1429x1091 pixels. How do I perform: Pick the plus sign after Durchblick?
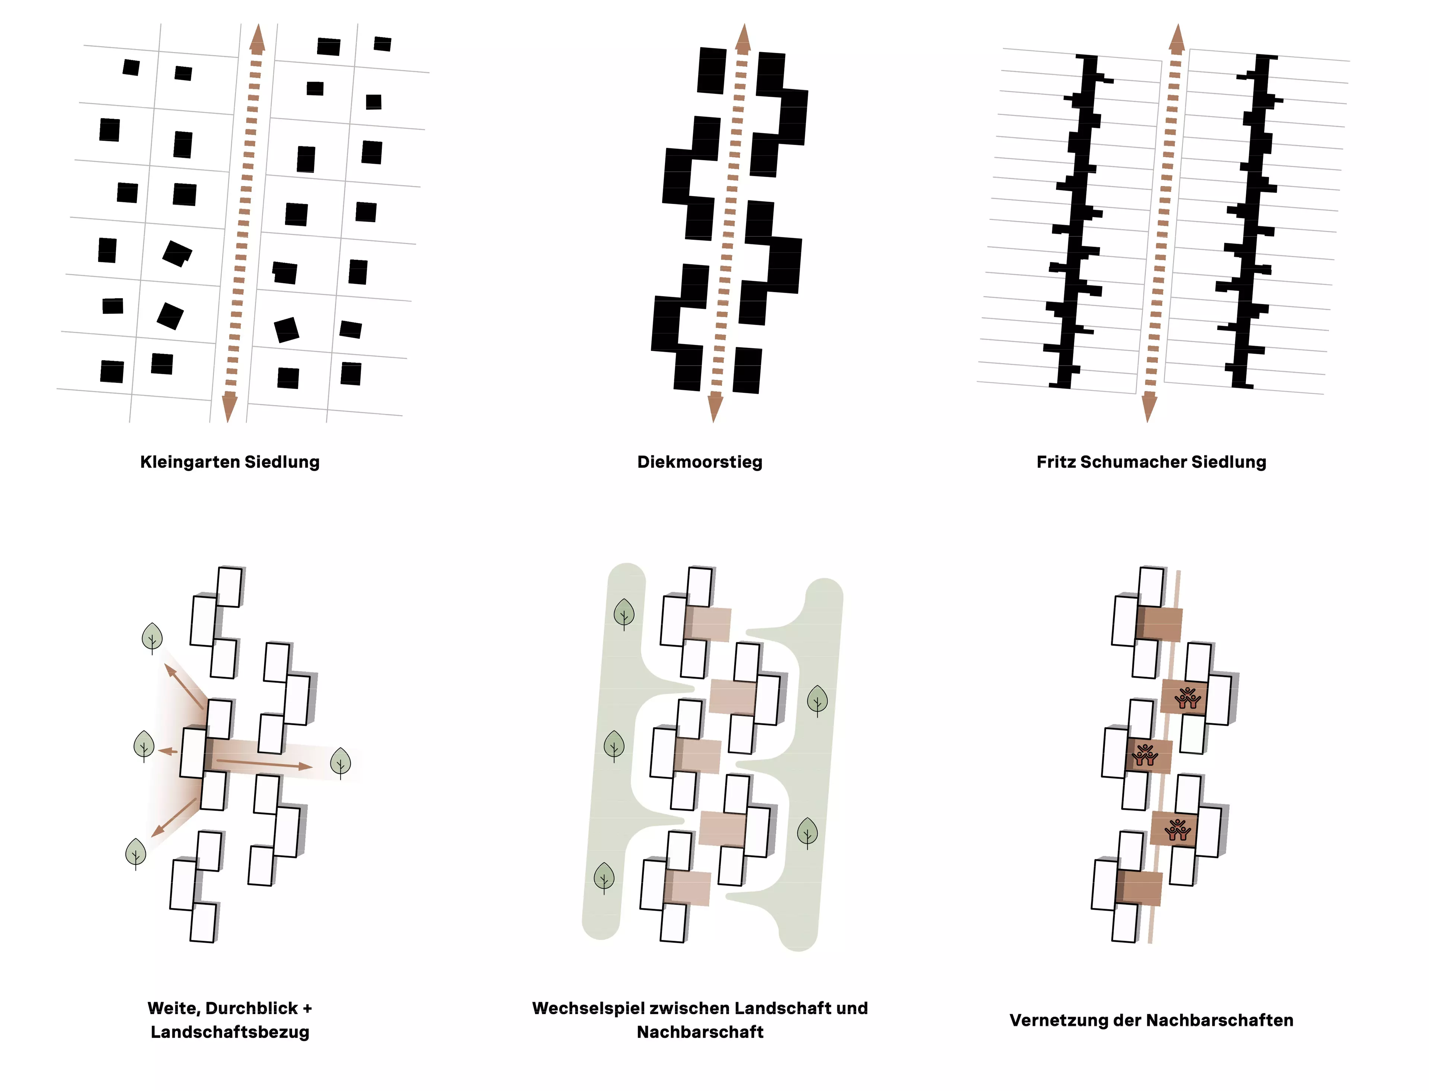(x=307, y=1008)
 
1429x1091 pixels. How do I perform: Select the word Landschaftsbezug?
(x=230, y=1033)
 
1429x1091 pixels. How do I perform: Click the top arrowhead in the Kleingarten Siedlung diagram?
(x=257, y=39)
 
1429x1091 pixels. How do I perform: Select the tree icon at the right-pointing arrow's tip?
(x=341, y=763)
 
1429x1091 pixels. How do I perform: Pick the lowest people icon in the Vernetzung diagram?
(x=1176, y=829)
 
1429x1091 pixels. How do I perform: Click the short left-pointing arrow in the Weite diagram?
(x=168, y=751)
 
